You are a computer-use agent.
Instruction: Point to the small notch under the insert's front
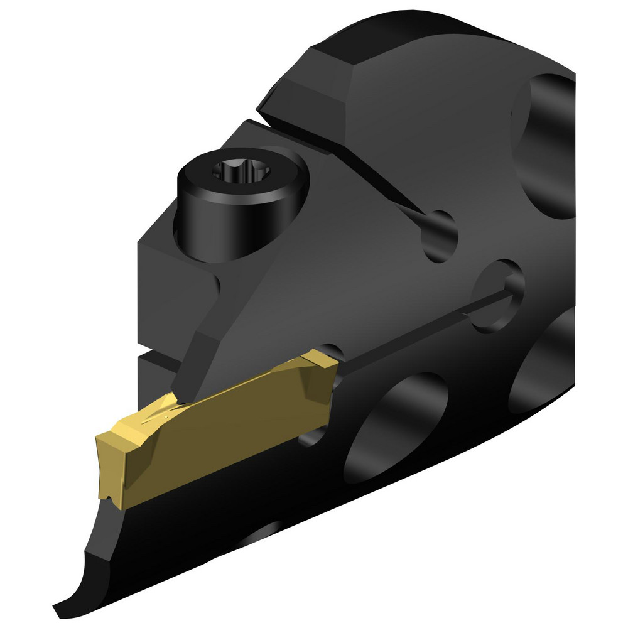point(112,499)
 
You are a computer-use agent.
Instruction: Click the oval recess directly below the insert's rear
point(396,427)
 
